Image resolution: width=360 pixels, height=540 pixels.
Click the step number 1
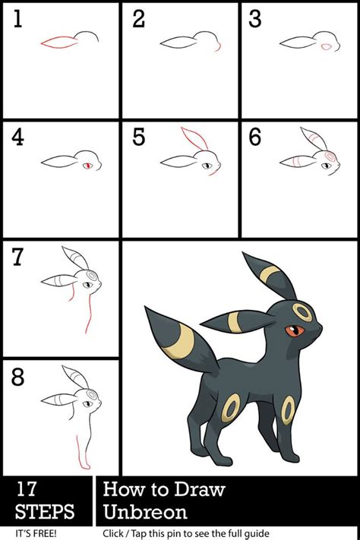coord(18,18)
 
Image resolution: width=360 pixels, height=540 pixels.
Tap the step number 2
coord(138,18)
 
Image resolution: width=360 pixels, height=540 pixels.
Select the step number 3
coord(255,18)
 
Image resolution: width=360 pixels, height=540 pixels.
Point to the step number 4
coord(17,137)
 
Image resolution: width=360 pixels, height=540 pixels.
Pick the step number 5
coord(138,137)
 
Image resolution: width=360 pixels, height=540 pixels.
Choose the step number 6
coord(255,137)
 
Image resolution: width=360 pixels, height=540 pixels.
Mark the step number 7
coord(18,257)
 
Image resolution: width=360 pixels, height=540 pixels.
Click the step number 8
coord(18,377)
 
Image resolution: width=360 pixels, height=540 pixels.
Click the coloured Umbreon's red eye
coord(295,330)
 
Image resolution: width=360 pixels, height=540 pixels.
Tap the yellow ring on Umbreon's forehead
coord(302,312)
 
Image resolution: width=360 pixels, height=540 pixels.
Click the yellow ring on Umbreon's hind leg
coord(230,408)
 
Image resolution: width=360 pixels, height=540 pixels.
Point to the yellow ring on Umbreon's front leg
coord(288,410)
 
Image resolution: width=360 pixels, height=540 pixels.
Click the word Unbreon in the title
coord(145,512)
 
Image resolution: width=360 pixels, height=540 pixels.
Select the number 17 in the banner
coord(26,488)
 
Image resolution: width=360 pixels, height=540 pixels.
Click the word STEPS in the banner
coord(45,511)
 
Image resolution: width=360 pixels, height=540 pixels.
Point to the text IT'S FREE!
coord(36,533)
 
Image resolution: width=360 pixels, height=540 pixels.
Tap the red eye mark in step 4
coord(89,166)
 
